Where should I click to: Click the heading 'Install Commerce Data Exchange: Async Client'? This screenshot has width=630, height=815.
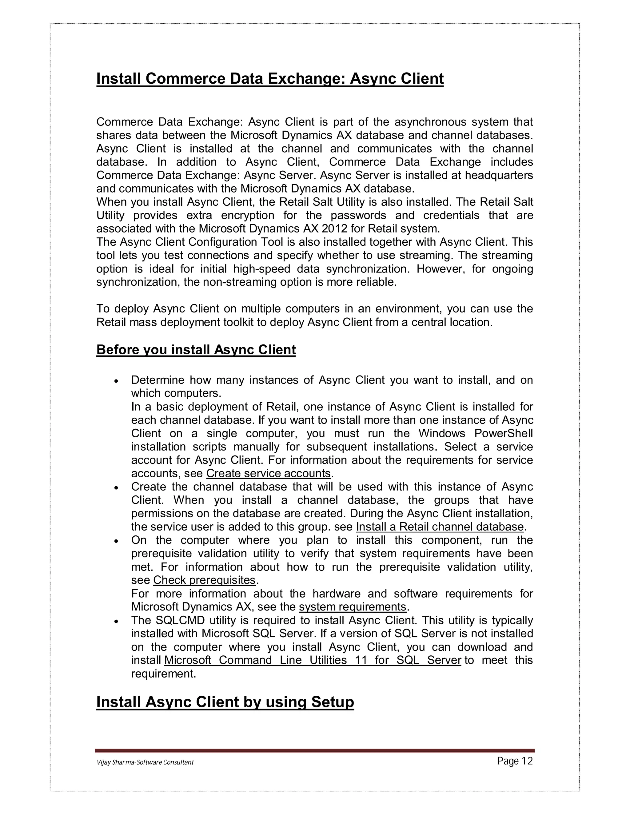(x=270, y=79)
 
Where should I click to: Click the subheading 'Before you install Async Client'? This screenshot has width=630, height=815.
(x=196, y=350)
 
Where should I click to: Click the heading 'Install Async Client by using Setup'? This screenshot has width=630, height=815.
(x=225, y=702)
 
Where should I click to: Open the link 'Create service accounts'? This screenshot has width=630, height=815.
(x=268, y=473)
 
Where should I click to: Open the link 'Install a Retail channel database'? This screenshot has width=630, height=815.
(x=440, y=527)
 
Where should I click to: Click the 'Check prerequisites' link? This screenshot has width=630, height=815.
(x=204, y=580)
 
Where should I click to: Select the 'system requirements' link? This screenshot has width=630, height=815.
(x=352, y=606)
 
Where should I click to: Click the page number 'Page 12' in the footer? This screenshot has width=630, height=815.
(x=515, y=761)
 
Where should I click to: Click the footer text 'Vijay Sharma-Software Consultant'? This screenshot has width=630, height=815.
(x=145, y=762)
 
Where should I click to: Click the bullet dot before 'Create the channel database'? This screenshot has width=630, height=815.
(x=117, y=488)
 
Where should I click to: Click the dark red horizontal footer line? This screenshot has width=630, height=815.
(x=315, y=750)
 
